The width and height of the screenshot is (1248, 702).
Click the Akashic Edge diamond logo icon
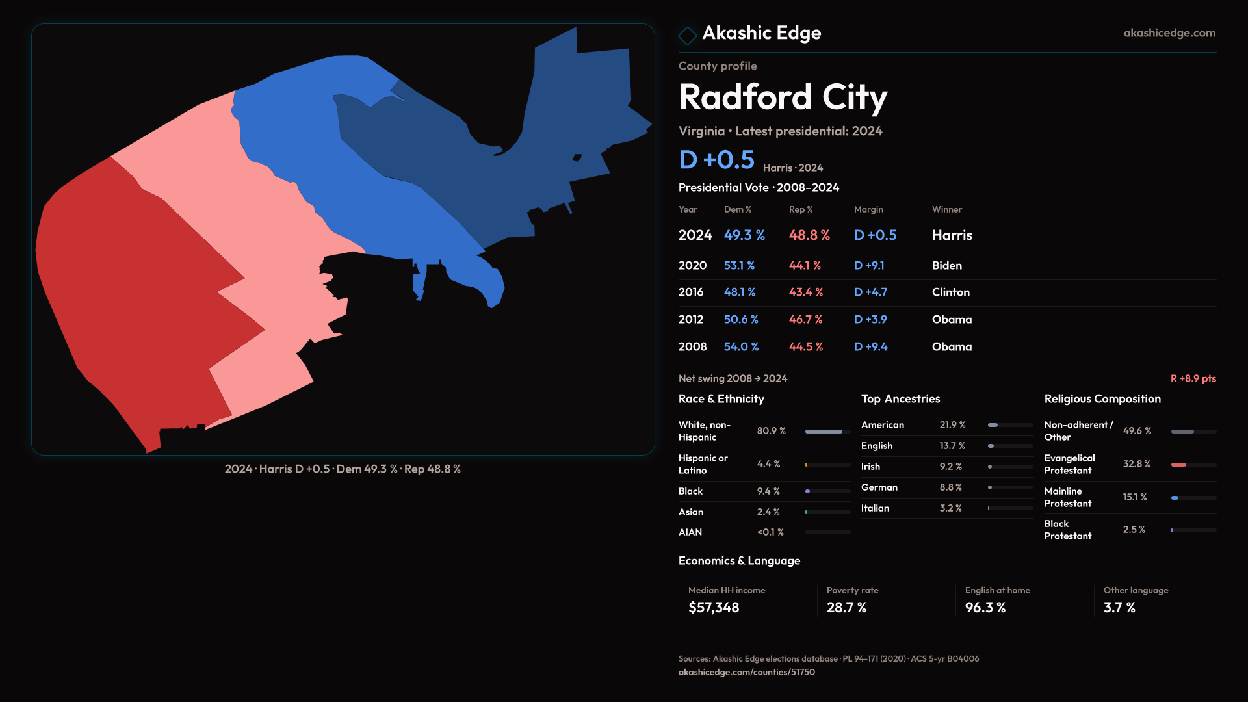click(x=687, y=34)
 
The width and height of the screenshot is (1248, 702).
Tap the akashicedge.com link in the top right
click(x=1169, y=33)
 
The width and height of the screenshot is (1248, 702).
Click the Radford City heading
click(x=783, y=97)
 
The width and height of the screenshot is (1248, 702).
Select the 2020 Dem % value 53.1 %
click(x=739, y=266)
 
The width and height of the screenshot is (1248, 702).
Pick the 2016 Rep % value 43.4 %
click(x=805, y=292)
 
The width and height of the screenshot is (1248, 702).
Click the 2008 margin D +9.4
click(x=870, y=347)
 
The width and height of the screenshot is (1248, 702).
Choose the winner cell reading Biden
click(x=946, y=266)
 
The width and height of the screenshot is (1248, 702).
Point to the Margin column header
click(x=868, y=209)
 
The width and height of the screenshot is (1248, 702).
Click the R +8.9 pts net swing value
click(x=1193, y=378)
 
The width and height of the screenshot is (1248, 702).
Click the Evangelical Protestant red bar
click(x=1178, y=465)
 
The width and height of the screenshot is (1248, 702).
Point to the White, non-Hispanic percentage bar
click(x=824, y=432)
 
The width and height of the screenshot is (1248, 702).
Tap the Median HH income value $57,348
click(x=714, y=608)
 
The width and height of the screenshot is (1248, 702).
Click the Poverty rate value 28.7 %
click(x=846, y=608)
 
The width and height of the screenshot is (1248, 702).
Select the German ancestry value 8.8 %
click(x=950, y=487)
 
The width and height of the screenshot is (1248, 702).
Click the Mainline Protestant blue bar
click(x=1175, y=498)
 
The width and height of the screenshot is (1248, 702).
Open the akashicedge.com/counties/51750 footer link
click(x=746, y=672)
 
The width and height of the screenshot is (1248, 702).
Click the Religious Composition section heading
click(x=1102, y=399)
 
